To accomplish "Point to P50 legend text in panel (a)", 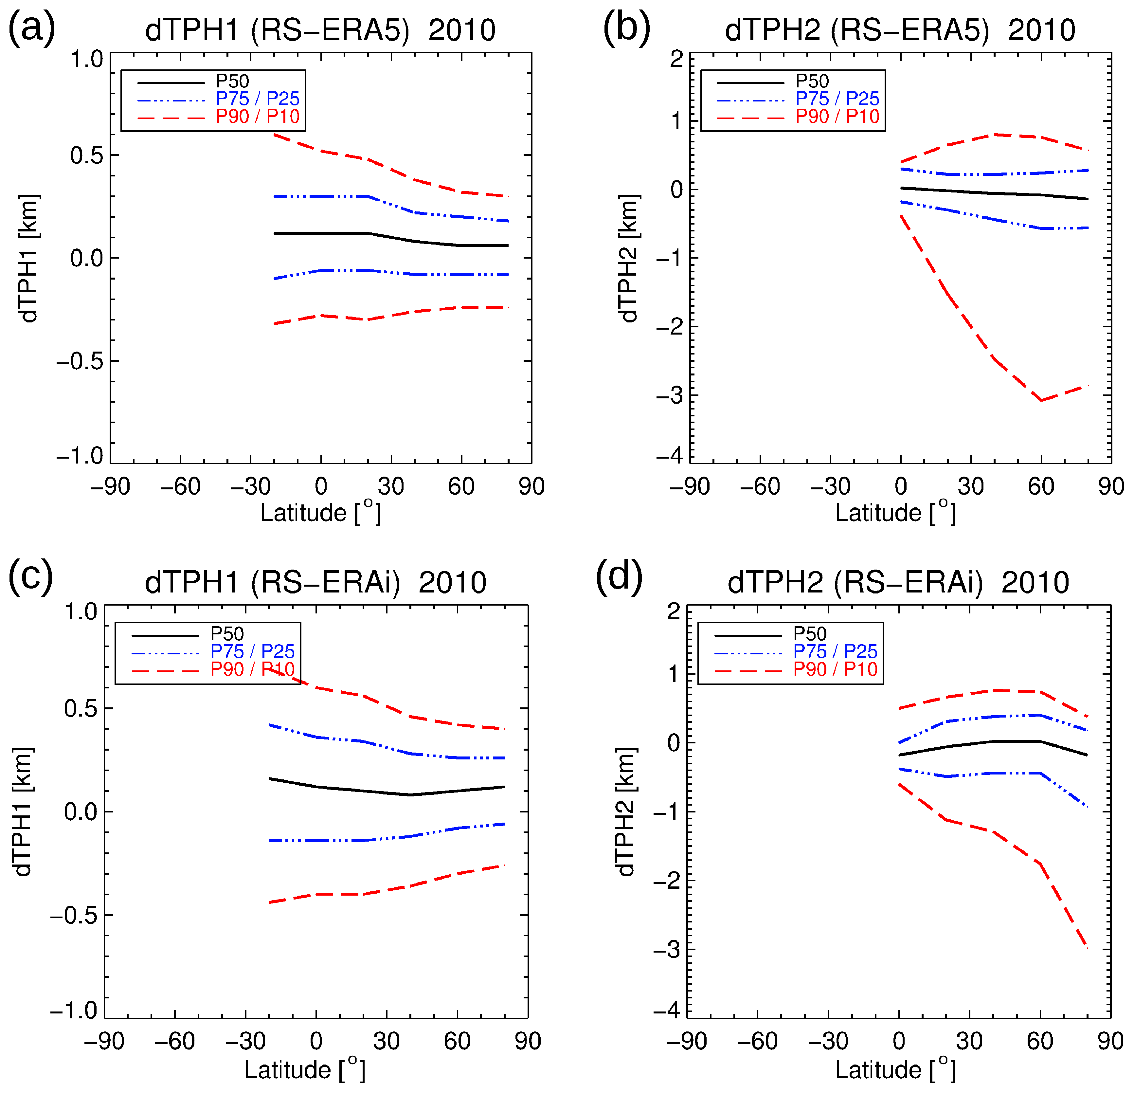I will [x=232, y=81].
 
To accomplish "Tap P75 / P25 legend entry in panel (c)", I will [x=252, y=651].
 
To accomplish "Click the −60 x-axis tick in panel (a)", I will [x=180, y=486].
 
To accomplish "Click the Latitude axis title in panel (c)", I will [x=304, y=1069].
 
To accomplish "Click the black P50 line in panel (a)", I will [x=347, y=233].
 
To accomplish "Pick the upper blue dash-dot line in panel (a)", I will [x=347, y=197].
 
